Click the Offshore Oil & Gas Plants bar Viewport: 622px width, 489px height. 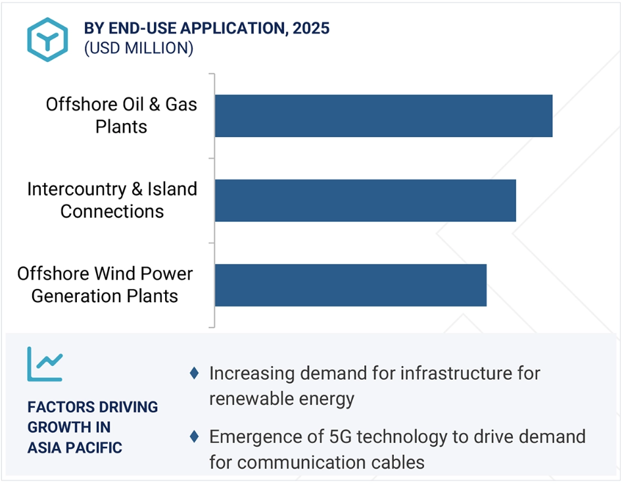coord(383,116)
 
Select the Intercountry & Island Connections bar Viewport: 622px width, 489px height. coord(366,201)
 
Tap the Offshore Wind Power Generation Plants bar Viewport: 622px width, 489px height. coord(350,285)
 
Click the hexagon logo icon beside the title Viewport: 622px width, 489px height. coord(47,39)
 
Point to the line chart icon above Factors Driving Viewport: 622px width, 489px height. coord(45,364)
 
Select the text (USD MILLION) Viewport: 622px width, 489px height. coord(139,48)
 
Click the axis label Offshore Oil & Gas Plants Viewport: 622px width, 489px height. coord(122,115)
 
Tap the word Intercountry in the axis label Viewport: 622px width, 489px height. coord(78,189)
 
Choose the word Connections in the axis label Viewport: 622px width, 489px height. coord(112,211)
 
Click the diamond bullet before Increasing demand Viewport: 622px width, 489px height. coord(195,373)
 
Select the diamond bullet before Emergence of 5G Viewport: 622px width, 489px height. coord(195,436)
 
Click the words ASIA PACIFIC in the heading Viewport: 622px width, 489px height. coord(74,448)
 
